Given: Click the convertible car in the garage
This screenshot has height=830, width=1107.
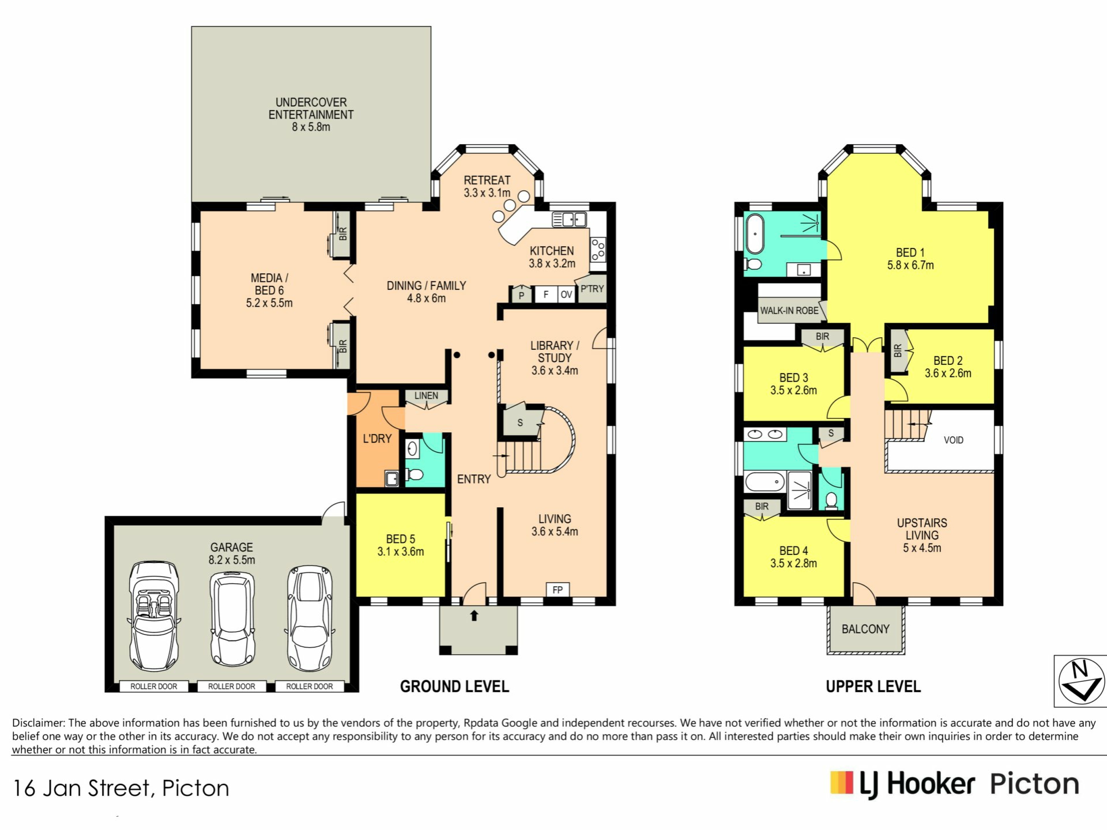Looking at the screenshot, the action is click(153, 616).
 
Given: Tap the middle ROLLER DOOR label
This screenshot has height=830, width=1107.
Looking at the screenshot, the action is click(231, 686).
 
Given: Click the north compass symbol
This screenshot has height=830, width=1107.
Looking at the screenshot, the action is click(1081, 682).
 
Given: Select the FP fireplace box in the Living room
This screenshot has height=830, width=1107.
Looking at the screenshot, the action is click(558, 590).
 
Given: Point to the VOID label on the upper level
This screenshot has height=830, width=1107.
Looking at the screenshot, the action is click(954, 440).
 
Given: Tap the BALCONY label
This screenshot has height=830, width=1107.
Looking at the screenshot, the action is click(865, 629).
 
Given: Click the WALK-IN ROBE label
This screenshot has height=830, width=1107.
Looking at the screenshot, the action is click(789, 311).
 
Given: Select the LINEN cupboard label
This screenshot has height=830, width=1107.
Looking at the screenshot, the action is click(426, 395).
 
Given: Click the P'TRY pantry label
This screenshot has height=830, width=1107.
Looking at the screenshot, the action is click(592, 289).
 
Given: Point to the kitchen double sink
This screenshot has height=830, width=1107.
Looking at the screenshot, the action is click(569, 220).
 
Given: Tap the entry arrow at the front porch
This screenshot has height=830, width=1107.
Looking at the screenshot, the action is click(474, 616).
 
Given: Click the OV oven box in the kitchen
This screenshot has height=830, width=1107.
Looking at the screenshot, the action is click(566, 295).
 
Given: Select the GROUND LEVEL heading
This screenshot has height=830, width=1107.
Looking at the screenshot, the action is click(454, 686).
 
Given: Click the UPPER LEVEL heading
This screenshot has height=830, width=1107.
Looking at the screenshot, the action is click(873, 686).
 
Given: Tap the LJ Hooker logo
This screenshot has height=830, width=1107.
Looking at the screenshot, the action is click(954, 784).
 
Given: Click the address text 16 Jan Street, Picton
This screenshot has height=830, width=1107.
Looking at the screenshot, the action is click(121, 788).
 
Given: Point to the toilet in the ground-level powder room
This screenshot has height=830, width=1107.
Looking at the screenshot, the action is click(414, 475).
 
